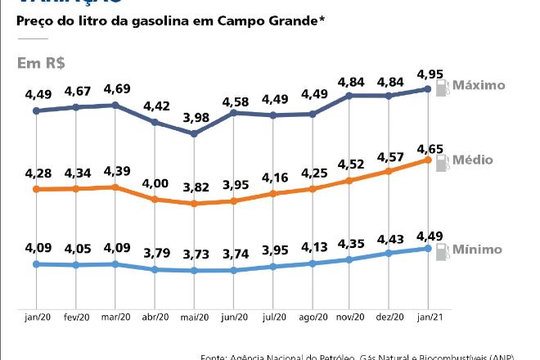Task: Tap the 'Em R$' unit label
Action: point(41,63)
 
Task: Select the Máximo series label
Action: point(479,85)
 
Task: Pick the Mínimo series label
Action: point(479,249)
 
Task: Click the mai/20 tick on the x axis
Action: point(194,317)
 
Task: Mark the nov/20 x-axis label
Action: point(350,317)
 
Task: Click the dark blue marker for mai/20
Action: point(194,133)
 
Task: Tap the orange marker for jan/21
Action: point(428,160)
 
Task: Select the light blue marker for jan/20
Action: point(36,264)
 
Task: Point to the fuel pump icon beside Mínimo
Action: point(443,252)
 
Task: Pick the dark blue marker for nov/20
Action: point(350,96)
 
